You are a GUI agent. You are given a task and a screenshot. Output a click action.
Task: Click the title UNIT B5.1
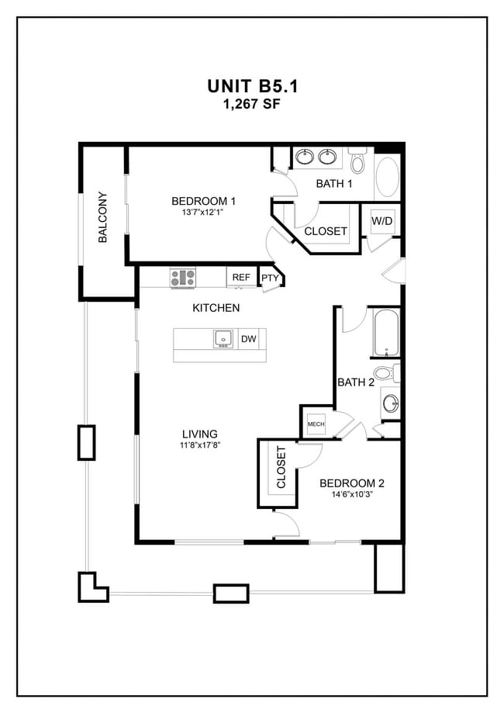click(252, 85)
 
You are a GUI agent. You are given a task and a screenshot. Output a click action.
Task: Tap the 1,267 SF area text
click(252, 104)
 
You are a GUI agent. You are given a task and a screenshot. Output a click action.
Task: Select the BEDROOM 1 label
click(203, 201)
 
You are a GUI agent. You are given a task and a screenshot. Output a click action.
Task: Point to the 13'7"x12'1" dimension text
click(203, 213)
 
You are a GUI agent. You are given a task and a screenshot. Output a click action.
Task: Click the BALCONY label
click(102, 218)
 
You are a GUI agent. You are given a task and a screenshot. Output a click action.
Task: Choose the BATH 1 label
click(334, 184)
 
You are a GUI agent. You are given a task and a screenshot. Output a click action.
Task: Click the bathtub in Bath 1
click(386, 177)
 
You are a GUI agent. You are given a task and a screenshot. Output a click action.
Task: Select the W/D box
click(381, 222)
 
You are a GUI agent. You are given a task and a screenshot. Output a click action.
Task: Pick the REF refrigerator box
click(241, 277)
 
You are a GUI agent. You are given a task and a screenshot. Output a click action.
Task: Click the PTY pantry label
click(269, 278)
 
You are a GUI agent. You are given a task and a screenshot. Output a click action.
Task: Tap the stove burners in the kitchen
click(183, 277)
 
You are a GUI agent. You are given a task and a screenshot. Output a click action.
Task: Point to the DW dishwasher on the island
click(248, 339)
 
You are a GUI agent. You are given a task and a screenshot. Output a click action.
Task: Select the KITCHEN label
click(216, 308)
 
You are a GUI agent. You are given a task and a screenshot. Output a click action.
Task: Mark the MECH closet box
click(316, 424)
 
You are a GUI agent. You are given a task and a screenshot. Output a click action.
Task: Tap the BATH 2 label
click(356, 382)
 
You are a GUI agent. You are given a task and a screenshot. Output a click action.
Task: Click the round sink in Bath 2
click(392, 403)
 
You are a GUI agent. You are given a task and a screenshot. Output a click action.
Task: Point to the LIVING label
click(199, 434)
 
